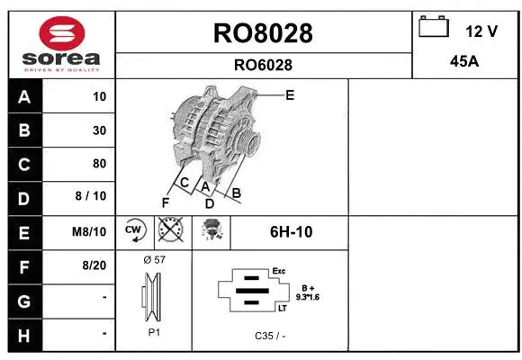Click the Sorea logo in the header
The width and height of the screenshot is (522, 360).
tap(62, 42)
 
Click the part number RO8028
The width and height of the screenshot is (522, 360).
tap(263, 33)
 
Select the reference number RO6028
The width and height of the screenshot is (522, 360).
tap(263, 65)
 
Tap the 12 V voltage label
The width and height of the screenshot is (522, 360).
tap(481, 31)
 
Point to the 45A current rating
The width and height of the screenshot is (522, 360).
tap(464, 63)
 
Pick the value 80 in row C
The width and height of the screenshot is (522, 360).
tap(99, 164)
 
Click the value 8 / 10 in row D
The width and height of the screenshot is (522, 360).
tap(94, 197)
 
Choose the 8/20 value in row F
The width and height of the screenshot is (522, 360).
tap(94, 265)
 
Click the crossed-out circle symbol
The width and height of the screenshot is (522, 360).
tap(169, 231)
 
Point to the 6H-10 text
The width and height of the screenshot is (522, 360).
tap(291, 231)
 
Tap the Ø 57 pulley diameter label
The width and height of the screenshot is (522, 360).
tap(154, 259)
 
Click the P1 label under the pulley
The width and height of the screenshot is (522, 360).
tap(154, 332)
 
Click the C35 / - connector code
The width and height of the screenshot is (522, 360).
tap(270, 335)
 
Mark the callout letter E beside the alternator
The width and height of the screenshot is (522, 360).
tap(290, 94)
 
